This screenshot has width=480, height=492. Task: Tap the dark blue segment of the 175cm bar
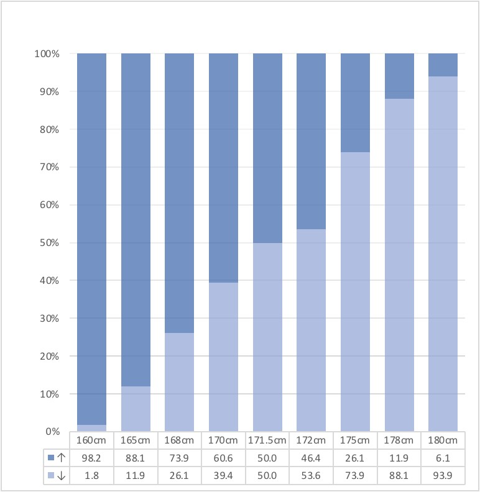(x=355, y=102)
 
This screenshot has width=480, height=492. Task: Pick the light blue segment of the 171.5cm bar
(x=267, y=337)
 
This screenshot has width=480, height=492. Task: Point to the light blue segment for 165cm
(x=136, y=409)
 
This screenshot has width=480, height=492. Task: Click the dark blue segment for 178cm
(x=399, y=76)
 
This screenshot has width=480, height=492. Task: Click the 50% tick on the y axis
(x=47, y=243)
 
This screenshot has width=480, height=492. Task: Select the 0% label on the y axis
(x=50, y=432)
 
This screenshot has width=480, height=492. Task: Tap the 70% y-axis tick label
(x=47, y=167)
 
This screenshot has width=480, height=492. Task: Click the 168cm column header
(x=179, y=440)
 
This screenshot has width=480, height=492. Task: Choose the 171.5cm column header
(x=267, y=440)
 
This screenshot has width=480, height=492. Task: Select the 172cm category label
(x=311, y=440)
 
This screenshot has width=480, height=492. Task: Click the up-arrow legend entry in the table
(x=56, y=458)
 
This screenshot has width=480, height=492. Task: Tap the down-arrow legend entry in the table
(x=56, y=476)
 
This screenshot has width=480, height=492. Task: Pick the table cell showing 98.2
(x=91, y=458)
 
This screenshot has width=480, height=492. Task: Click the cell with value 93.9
(x=443, y=476)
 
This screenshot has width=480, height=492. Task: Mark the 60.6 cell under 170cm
(x=223, y=458)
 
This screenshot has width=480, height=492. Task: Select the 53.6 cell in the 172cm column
(x=311, y=476)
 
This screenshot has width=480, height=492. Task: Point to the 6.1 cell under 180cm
(x=443, y=458)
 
